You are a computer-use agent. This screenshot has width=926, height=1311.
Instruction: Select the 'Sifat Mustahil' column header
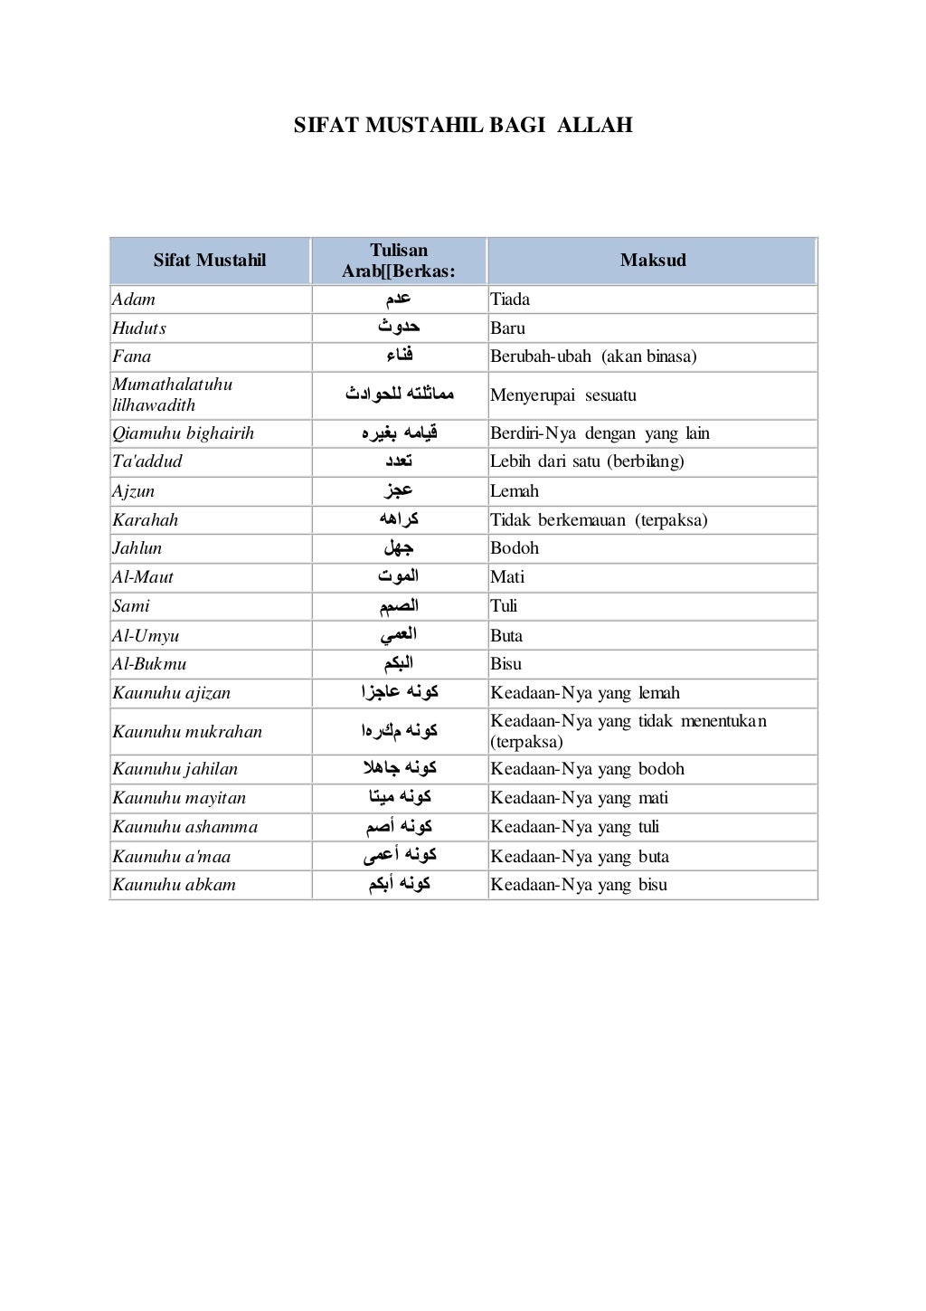point(210,261)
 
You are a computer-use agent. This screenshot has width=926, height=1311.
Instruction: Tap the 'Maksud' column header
point(653,261)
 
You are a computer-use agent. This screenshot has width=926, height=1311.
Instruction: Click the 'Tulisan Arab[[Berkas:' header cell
point(399,261)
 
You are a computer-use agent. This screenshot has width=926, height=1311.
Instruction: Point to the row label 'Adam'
point(134,299)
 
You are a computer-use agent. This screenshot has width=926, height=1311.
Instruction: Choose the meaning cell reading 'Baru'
point(507,328)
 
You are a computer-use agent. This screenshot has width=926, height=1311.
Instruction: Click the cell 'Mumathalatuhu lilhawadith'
point(172,394)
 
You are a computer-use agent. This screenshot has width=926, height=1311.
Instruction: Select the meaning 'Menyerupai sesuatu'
point(563,395)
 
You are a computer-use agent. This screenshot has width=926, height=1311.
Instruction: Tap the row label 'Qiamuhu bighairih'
point(184,433)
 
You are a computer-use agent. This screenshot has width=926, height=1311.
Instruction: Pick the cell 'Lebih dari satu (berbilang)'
point(587,461)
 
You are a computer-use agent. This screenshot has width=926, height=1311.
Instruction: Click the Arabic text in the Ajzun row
point(399,490)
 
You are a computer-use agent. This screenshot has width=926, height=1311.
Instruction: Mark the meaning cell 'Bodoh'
point(515,548)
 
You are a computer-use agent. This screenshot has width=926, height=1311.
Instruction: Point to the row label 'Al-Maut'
point(143,577)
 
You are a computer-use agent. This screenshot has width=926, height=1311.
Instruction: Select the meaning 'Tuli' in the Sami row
point(504,606)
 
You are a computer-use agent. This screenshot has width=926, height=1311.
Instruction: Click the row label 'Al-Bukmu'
point(149,664)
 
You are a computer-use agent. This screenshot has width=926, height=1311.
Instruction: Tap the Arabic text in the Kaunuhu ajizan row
point(399,693)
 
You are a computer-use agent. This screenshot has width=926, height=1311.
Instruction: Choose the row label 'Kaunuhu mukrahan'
point(187,732)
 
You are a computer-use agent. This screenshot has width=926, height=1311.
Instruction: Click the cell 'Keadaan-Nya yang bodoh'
point(587,769)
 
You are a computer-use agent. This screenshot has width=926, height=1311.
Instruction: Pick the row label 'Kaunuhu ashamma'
point(185,827)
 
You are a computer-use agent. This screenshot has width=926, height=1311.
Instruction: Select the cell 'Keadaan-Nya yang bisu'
point(579,885)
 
